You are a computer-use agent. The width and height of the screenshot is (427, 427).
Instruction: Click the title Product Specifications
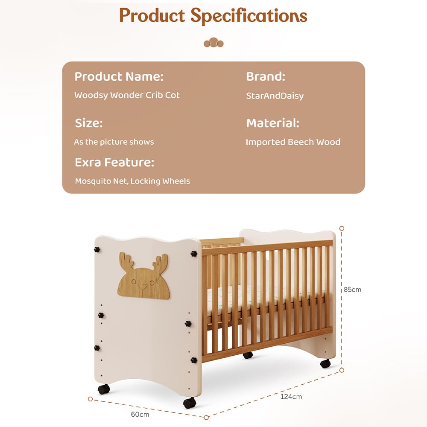(x=213, y=16)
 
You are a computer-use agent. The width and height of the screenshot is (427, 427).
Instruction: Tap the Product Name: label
(x=119, y=77)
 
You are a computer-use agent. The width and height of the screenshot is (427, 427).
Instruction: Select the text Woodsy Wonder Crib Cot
(x=127, y=95)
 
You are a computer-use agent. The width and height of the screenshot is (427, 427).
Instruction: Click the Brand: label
(x=265, y=77)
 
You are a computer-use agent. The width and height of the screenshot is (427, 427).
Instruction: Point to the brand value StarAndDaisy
(x=275, y=96)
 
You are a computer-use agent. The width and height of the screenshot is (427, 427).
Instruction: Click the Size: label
(x=89, y=123)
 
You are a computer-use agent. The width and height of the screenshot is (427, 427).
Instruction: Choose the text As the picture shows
(x=114, y=142)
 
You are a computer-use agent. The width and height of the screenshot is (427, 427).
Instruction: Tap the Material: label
(x=272, y=123)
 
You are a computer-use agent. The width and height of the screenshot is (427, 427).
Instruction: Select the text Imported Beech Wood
(x=293, y=142)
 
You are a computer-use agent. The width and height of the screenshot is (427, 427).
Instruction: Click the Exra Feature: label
(x=114, y=162)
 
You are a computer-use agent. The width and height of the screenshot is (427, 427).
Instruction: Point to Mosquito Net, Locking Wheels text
(x=132, y=181)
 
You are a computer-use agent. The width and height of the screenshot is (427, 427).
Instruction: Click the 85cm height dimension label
(x=352, y=290)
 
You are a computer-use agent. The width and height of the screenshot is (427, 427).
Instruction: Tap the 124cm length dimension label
(x=291, y=397)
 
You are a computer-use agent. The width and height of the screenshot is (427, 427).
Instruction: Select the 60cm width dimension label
(x=140, y=414)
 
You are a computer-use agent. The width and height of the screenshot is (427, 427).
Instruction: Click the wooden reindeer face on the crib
(x=143, y=276)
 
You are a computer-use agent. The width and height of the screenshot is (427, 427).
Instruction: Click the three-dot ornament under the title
(x=213, y=43)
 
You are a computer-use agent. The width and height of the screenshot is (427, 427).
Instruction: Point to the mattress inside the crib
(x=265, y=295)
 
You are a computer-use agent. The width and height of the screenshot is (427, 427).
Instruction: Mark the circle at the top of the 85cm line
(x=342, y=228)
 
